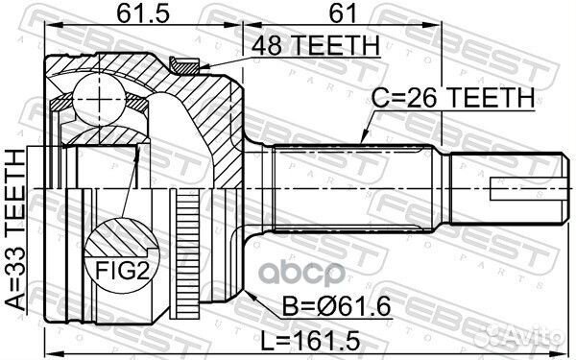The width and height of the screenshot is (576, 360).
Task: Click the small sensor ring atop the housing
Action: [x=181, y=64]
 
